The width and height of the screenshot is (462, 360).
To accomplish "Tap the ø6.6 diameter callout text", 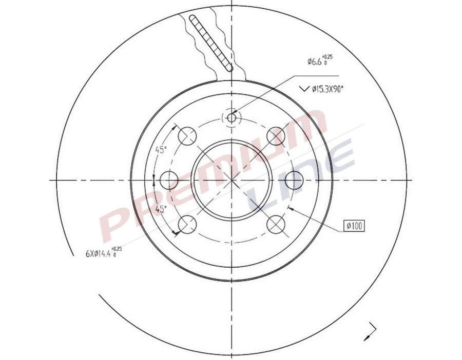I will click(314, 62).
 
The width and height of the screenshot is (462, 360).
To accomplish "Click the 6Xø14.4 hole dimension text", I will click(99, 253).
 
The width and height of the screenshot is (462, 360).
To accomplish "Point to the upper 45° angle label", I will click(161, 150).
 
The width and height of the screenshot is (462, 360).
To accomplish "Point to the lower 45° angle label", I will click(161, 209).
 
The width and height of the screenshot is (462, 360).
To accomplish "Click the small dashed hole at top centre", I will click(232, 118).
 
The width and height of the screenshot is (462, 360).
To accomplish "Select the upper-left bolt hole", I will click(187, 136).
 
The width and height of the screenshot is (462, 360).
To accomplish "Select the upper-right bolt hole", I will click(276, 136).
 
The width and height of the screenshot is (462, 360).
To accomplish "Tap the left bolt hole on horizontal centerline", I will click(169, 180).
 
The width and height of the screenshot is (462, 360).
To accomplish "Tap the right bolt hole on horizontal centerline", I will click(294, 180).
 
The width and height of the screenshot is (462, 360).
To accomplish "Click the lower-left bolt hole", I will click(187, 224).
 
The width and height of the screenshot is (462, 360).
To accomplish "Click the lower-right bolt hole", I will click(276, 224).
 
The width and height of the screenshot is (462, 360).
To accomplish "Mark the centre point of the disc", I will click(232, 180).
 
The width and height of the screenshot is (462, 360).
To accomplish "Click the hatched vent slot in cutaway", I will click(211, 43).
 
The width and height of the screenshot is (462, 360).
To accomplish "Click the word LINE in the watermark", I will click(303, 174).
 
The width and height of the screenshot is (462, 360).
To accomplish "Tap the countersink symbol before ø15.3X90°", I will click(303, 89).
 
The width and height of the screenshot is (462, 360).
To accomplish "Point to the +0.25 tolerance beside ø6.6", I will click(327, 56).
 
